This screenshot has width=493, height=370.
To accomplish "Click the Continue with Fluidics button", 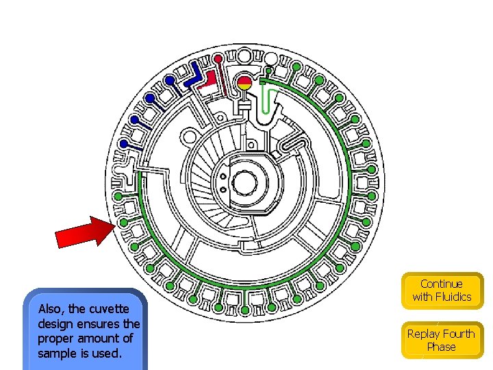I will [x=442, y=290].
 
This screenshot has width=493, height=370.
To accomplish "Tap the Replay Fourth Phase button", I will [x=442, y=340].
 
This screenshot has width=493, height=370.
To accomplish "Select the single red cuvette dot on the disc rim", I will [x=218, y=57].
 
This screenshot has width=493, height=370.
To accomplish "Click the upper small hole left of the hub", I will [x=223, y=176].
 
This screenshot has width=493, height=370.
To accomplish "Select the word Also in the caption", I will [x=51, y=309].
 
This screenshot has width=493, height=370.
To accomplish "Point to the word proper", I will [x=55, y=339].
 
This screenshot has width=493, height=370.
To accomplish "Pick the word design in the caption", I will [x=55, y=323].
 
